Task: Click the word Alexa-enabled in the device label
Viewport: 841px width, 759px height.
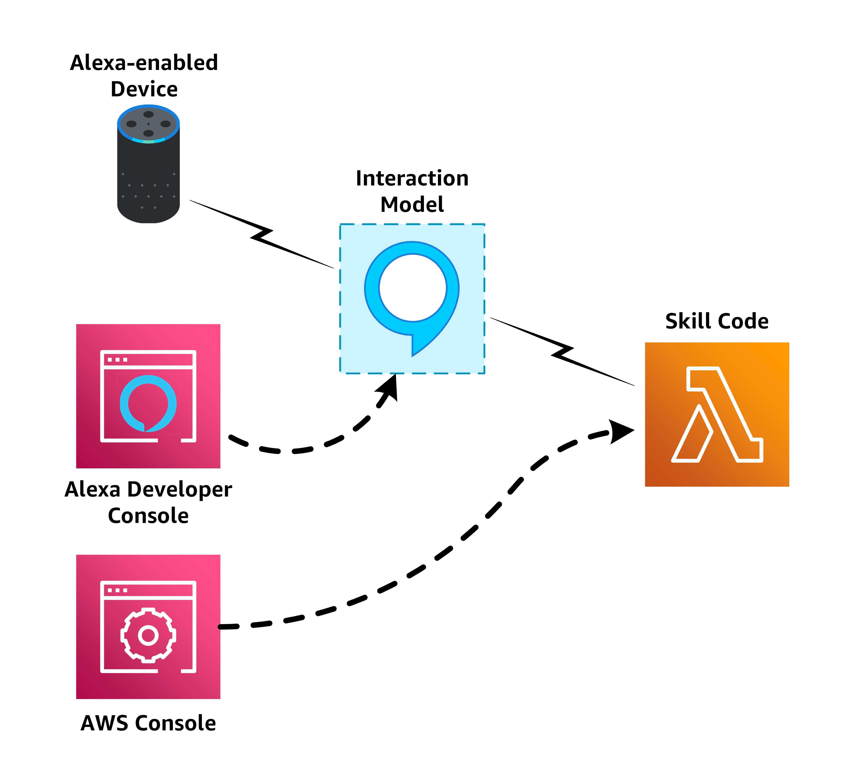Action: pyautogui.click(x=144, y=63)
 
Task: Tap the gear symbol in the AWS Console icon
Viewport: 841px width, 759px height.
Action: pyautogui.click(x=148, y=635)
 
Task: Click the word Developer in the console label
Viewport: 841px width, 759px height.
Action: pyautogui.click(x=179, y=489)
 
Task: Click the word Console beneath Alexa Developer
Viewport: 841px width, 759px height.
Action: pyautogui.click(x=148, y=516)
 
